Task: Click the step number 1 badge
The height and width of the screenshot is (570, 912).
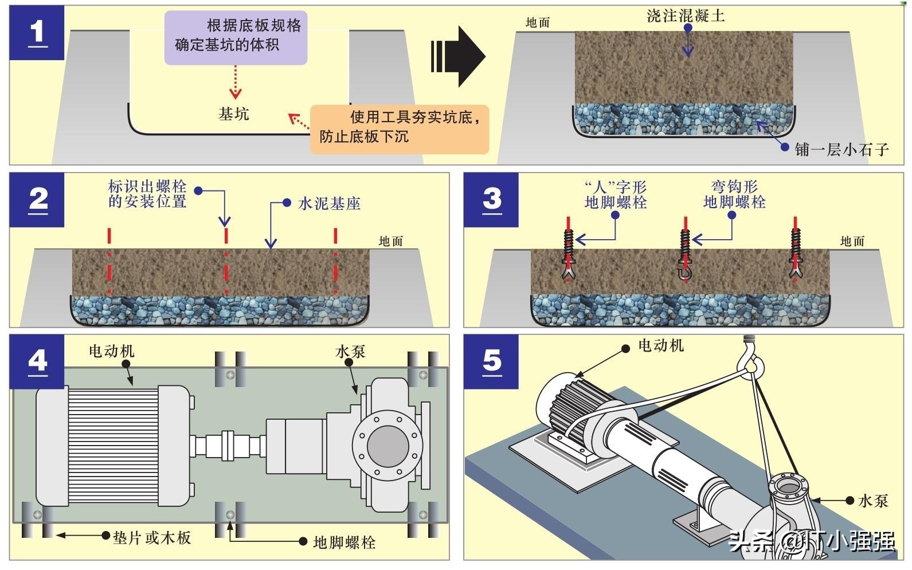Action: pos(37,33)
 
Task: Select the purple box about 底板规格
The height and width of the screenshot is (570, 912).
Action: pos(236,36)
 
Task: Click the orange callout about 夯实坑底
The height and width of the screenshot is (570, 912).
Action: pos(400,127)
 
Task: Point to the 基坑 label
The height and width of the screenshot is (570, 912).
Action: pos(234,114)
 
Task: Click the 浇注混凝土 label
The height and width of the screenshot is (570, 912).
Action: pos(686,16)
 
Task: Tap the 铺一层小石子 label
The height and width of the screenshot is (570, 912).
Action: pos(841,150)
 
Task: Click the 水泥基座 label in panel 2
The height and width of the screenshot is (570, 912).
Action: pos(329,204)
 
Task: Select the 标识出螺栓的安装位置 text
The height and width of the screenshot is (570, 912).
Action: pos(147,194)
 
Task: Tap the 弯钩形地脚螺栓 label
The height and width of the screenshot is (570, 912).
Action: pos(734,194)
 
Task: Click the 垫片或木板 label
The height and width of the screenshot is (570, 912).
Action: pos(152,538)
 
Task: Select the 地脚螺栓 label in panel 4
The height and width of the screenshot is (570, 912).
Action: pos(345,542)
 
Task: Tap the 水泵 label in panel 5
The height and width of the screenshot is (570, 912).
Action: pos(873,501)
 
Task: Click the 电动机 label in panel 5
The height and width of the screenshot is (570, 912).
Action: pos(660,346)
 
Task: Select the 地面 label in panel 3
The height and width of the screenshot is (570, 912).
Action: pos(852,241)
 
